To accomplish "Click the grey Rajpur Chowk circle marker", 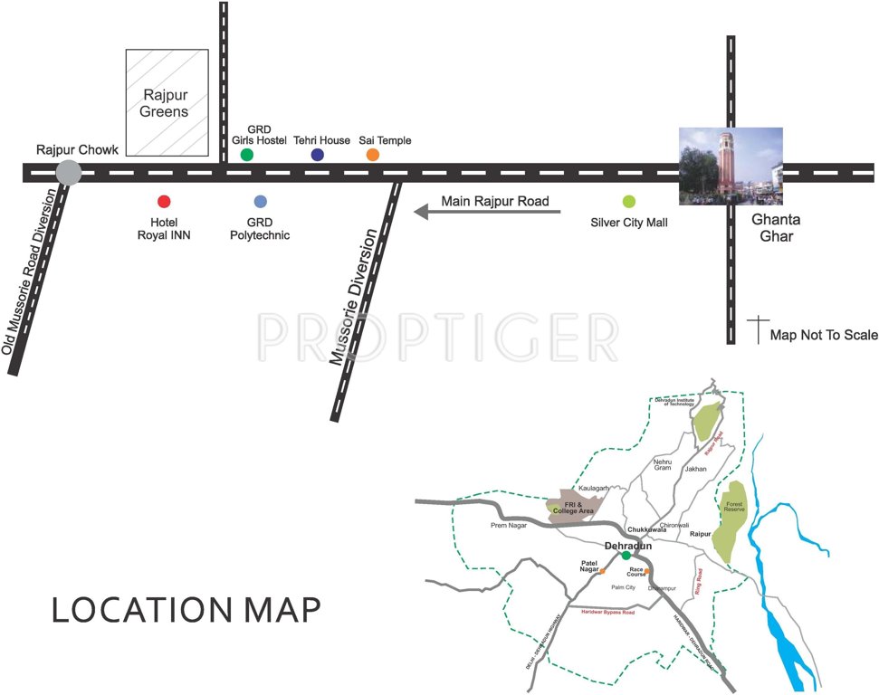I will click(67, 172).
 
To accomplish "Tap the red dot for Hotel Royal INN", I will click(164, 202).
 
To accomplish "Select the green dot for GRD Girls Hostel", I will click(247, 155).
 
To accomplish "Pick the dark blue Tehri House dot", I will click(318, 155).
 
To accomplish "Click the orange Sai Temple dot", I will click(372, 155).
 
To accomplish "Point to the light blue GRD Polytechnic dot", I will click(261, 202).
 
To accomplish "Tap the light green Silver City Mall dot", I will click(629, 201).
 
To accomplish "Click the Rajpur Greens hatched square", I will click(166, 104).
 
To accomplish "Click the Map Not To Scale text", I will click(823, 335).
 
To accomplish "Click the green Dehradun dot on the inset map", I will click(626, 555).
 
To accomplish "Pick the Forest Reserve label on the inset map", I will click(732, 507).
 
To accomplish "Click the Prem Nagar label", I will click(508, 525).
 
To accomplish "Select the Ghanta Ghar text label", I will click(776, 227).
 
